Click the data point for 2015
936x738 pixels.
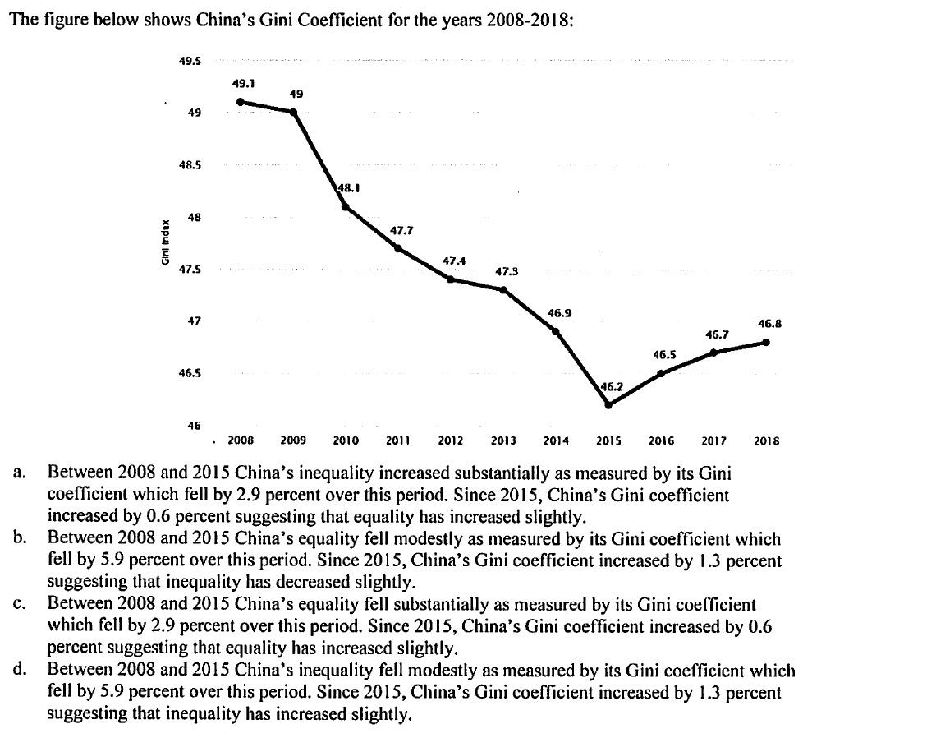tap(608, 404)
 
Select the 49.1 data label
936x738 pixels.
tap(244, 83)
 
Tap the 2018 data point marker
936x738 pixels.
tap(766, 342)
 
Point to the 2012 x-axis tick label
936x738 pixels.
tap(451, 441)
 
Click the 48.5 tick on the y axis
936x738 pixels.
tap(190, 165)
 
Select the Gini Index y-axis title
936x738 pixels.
tap(166, 242)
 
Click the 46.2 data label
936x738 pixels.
tap(612, 385)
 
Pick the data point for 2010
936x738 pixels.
tap(346, 206)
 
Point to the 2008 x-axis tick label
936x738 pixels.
tap(240, 441)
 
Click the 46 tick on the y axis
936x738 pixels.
tap(194, 426)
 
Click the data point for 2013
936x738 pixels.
tap(503, 289)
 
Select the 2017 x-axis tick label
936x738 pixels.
tap(713, 441)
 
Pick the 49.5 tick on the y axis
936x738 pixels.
tap(190, 61)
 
